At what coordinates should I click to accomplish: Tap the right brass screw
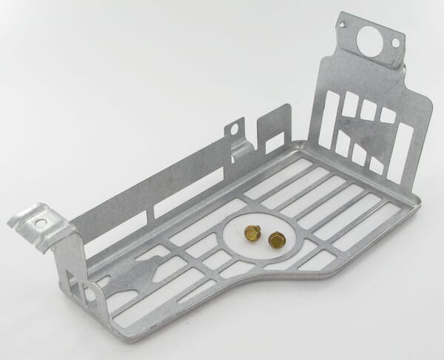(277, 239)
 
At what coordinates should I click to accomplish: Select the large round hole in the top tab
(368, 40)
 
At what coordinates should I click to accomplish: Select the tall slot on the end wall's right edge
(405, 152)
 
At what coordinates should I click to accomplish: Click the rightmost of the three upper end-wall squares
(387, 115)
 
